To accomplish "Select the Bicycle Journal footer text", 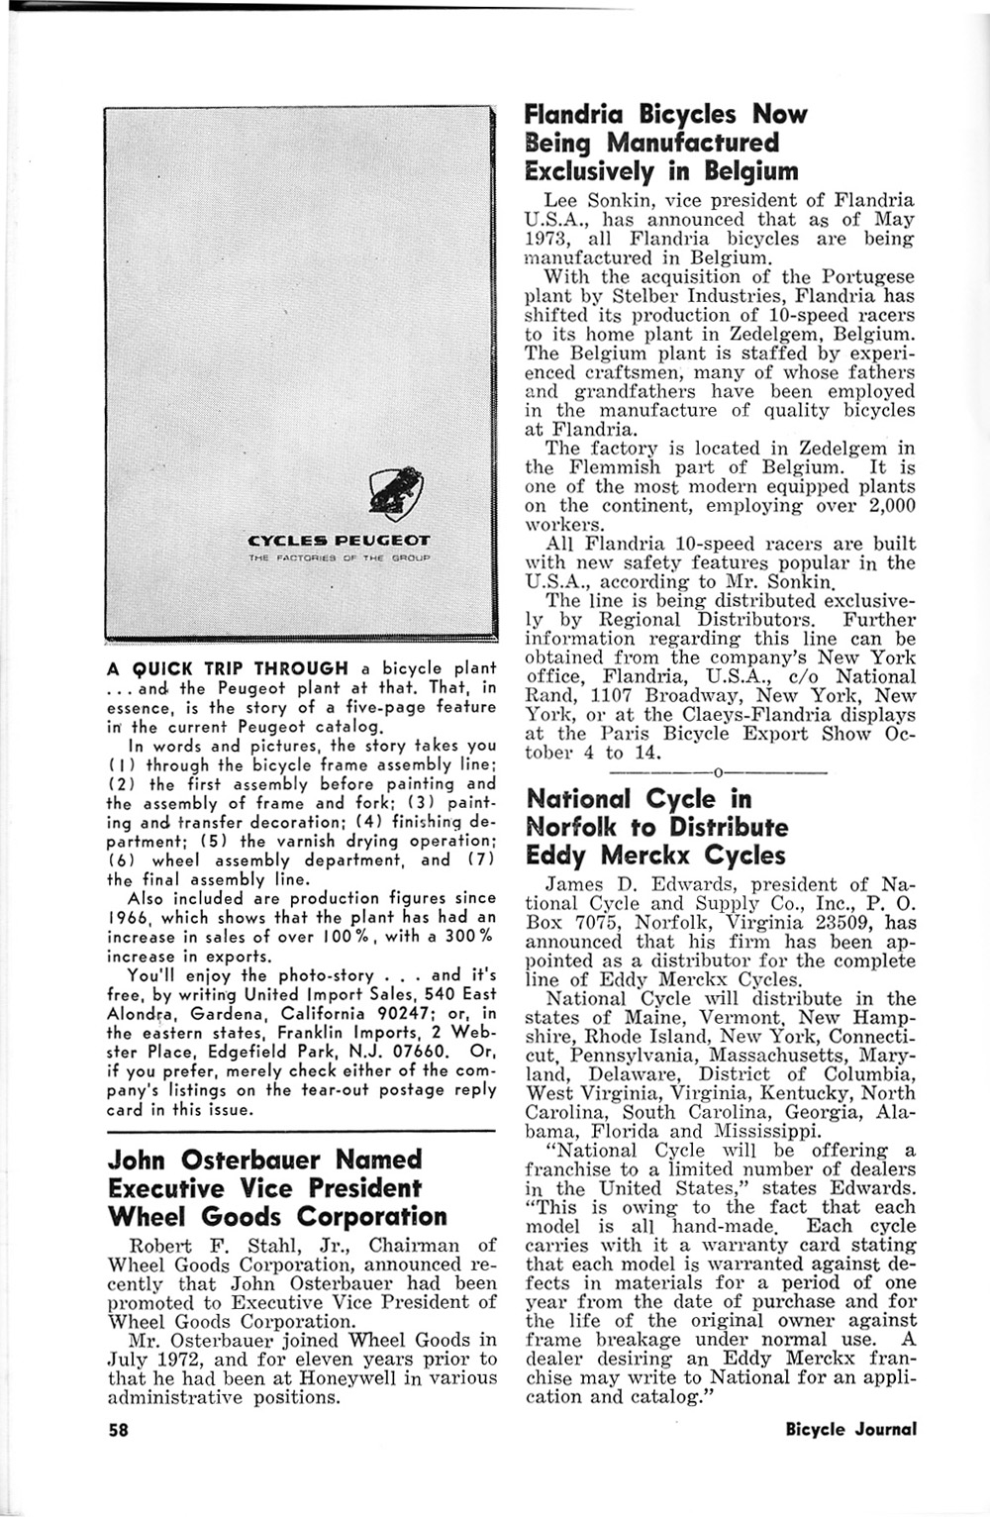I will [850, 1429].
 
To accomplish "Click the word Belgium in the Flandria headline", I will [750, 171].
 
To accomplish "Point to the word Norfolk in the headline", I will [572, 827].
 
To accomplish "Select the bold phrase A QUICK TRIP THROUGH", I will [228, 668].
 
